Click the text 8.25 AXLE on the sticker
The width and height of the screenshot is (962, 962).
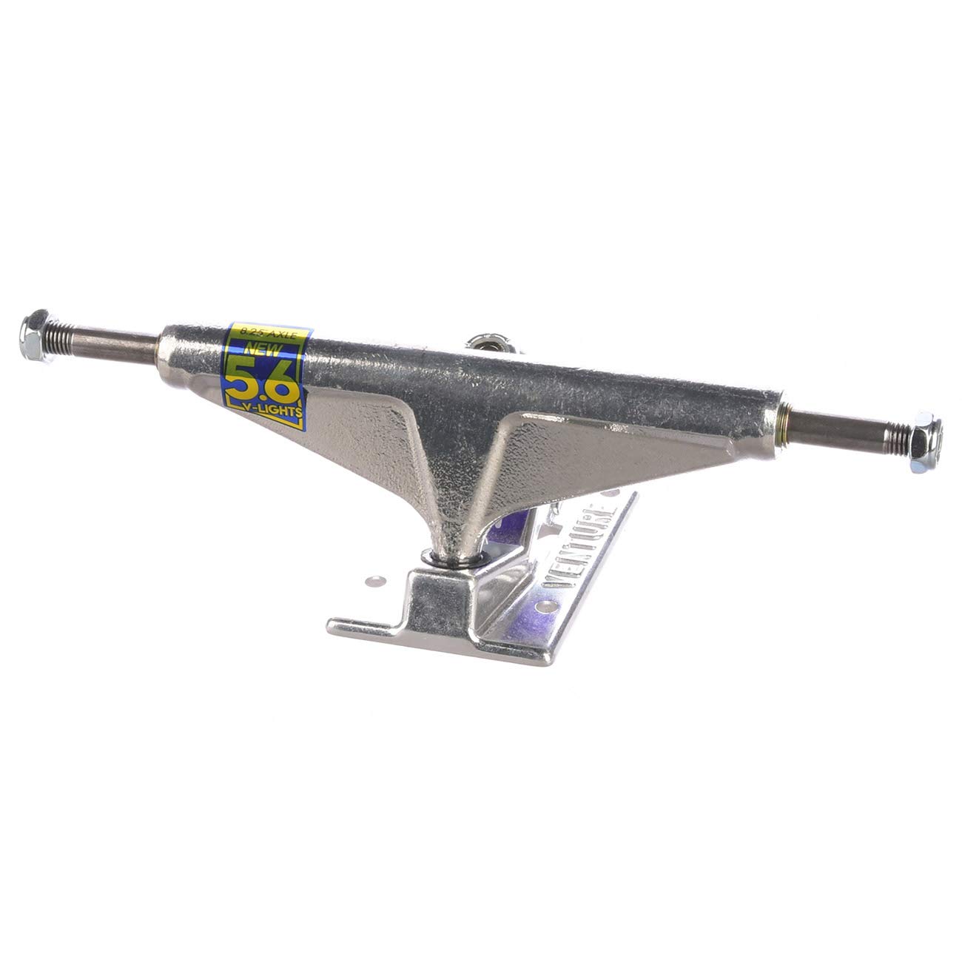pos(266,333)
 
